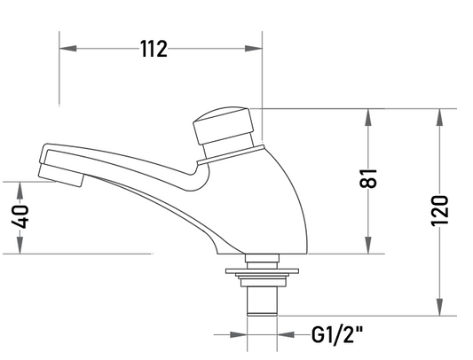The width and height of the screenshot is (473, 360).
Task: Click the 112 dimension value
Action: click(154, 49)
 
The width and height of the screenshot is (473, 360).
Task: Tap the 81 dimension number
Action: click(368, 178)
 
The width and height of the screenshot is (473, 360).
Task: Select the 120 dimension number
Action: click(439, 211)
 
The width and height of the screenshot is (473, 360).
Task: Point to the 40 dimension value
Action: click(20, 216)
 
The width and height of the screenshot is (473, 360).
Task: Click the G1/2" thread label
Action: click(337, 334)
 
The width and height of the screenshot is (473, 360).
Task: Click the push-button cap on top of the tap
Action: click(223, 125)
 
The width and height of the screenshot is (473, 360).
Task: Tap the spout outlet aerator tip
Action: click(60, 176)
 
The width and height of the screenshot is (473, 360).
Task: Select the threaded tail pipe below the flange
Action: click(262, 301)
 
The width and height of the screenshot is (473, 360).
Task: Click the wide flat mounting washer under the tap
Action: click(263, 271)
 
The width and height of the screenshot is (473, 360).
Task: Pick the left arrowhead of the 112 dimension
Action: click(67, 48)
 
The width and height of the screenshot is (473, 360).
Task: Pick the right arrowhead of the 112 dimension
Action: click(254, 48)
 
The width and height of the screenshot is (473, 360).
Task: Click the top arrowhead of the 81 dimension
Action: click(368, 117)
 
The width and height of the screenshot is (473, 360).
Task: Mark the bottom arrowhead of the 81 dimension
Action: click(368, 245)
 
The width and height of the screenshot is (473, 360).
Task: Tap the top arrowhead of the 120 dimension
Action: click(440, 117)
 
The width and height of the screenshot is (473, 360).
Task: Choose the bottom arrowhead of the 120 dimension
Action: click(440, 307)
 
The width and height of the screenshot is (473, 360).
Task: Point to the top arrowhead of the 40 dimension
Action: click(20, 191)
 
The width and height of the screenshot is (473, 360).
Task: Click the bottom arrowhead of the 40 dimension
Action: click(20, 245)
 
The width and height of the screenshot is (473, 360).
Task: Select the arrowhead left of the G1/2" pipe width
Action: click(239, 334)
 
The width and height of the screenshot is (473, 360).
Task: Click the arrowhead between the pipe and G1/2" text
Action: click(286, 334)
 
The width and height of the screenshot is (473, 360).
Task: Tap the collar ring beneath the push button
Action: click(231, 155)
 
